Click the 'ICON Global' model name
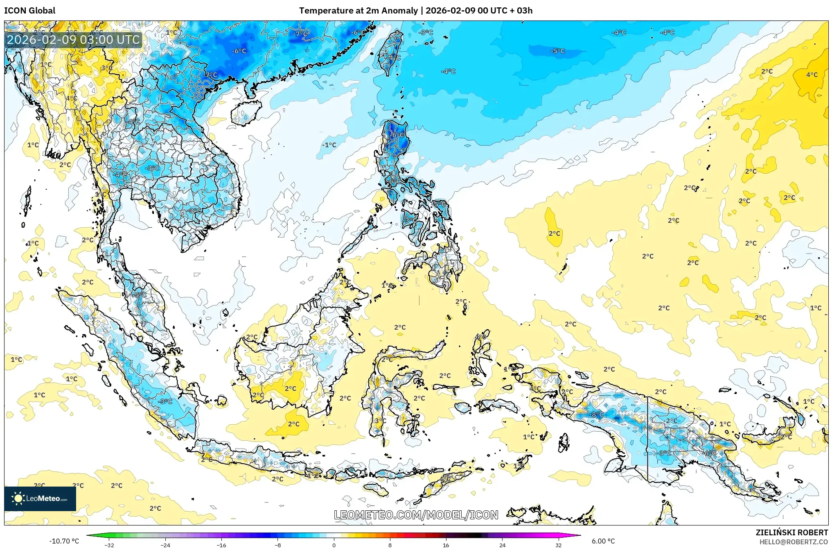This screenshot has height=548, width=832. (x=29, y=11)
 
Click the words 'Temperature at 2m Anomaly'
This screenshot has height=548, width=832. (x=358, y=11)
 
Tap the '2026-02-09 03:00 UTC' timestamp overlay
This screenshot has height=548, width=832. (x=74, y=40)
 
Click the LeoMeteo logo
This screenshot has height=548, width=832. (x=40, y=498)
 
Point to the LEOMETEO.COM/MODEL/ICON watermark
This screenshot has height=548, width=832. (x=416, y=515)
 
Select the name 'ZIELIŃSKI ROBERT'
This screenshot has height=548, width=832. (x=791, y=532)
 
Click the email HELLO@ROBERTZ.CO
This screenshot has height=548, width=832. (x=794, y=542)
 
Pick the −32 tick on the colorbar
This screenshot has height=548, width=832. (x=109, y=545)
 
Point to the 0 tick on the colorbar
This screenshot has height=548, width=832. (x=334, y=545)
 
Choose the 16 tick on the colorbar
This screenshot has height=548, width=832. (x=446, y=545)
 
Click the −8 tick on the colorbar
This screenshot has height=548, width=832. (x=278, y=545)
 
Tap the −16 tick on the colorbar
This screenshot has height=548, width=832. (x=221, y=545)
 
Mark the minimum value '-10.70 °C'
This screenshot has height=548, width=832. (x=64, y=541)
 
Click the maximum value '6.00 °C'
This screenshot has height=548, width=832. (x=603, y=541)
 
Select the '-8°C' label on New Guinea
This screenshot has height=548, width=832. (x=598, y=414)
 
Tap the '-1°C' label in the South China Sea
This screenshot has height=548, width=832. (x=329, y=145)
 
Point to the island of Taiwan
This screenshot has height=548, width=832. (x=390, y=53)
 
